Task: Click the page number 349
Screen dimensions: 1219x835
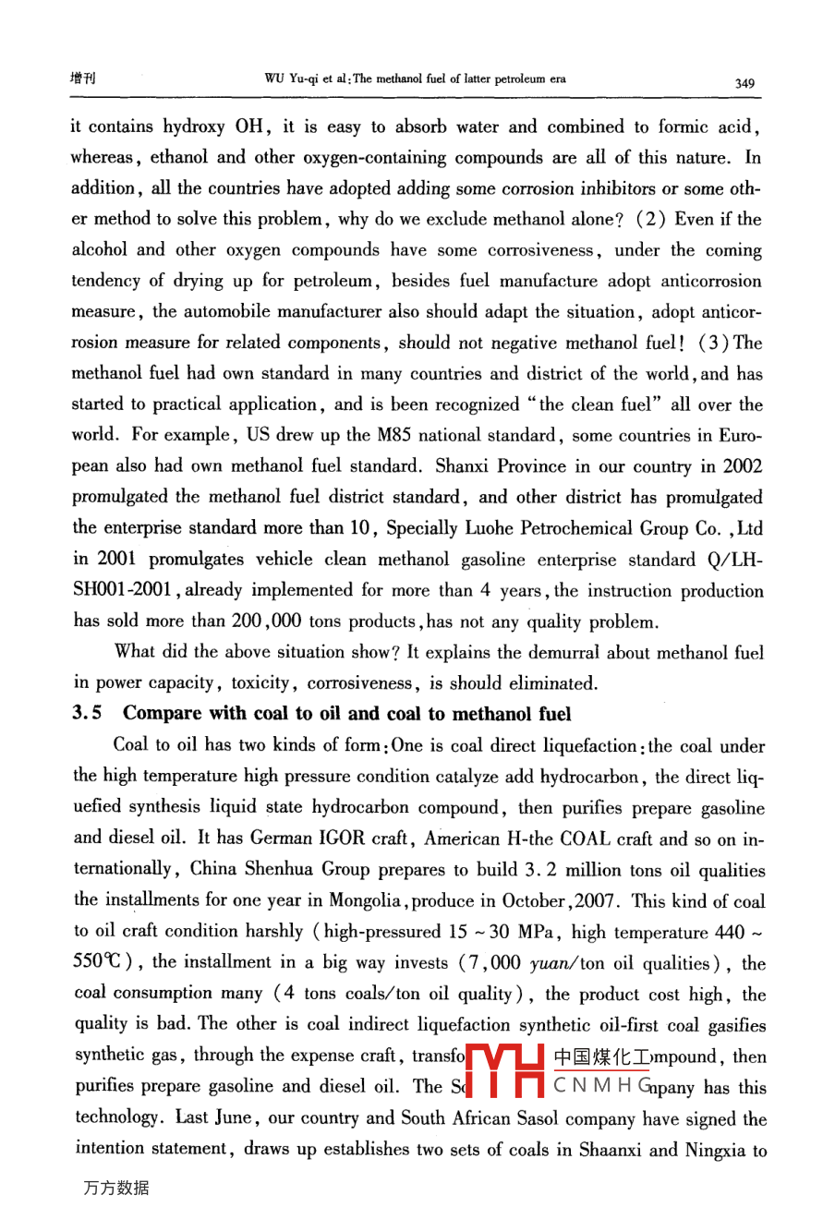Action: (x=744, y=83)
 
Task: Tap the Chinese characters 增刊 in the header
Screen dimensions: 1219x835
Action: (x=82, y=78)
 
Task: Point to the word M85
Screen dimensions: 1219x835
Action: (x=396, y=435)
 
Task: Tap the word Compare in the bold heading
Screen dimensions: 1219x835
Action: (x=163, y=714)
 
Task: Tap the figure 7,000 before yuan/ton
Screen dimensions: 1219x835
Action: (x=499, y=963)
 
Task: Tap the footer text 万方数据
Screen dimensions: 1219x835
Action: (x=115, y=1189)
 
